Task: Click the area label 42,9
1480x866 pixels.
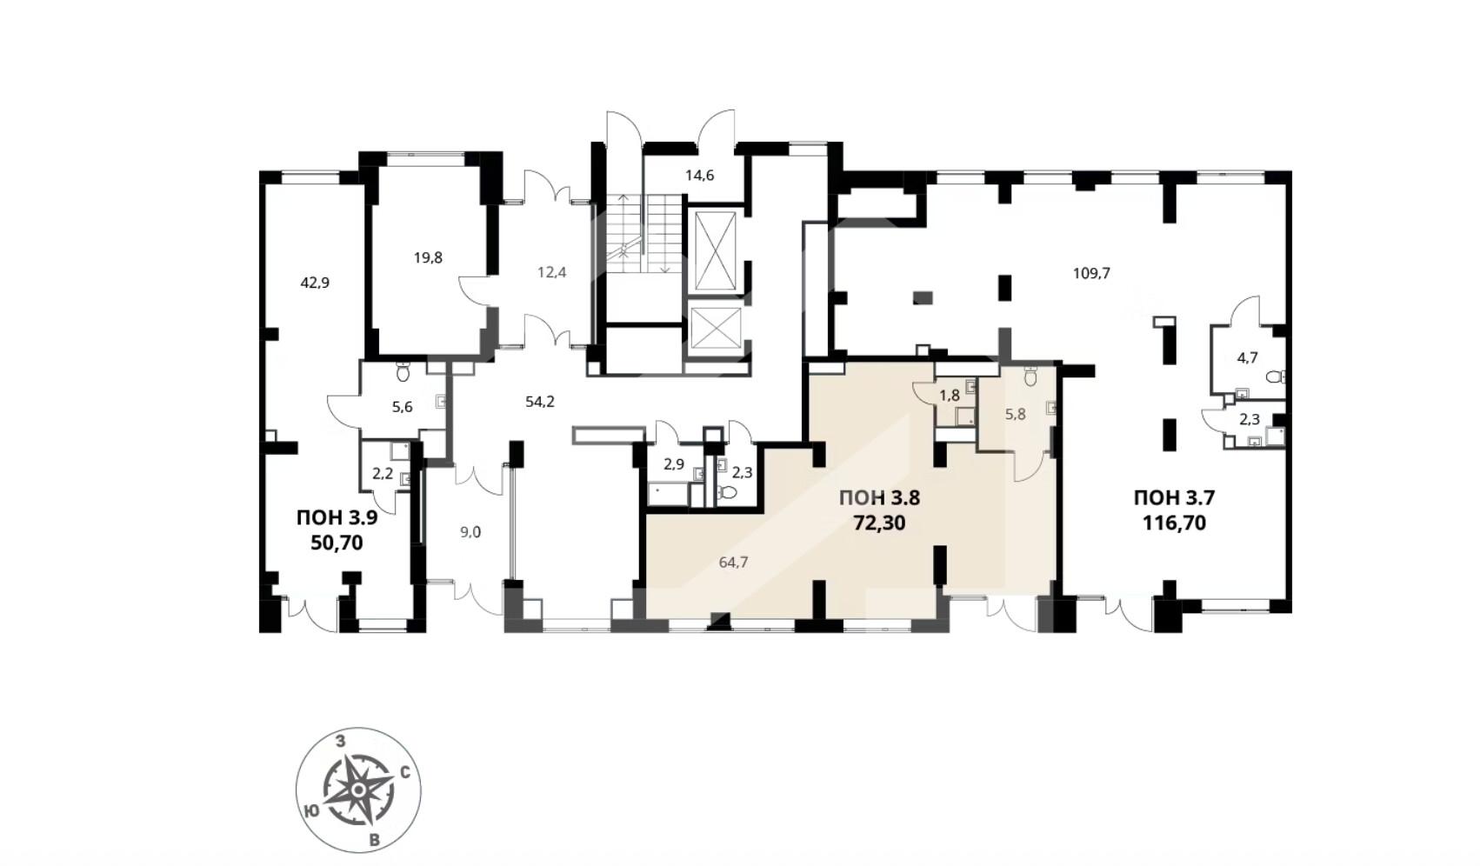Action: point(315,283)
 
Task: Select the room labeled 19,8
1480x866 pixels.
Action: point(428,257)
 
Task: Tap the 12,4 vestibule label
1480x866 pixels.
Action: point(551,272)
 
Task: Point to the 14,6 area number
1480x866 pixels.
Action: point(700,176)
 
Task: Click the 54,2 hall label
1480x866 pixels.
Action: point(540,401)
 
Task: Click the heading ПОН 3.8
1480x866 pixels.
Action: point(879,497)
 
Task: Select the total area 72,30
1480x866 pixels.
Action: point(879,523)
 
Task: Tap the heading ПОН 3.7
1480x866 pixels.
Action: point(1174,497)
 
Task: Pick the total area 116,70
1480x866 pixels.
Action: point(1174,523)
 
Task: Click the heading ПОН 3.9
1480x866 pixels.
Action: point(337,517)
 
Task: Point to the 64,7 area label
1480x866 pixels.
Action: point(733,563)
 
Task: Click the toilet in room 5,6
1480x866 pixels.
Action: point(403,373)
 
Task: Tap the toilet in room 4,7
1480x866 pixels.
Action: point(1275,377)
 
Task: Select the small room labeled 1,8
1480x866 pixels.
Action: point(950,396)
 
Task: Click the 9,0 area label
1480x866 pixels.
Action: point(470,532)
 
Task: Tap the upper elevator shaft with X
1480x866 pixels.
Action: point(717,251)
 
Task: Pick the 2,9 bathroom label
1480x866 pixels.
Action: point(674,464)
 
